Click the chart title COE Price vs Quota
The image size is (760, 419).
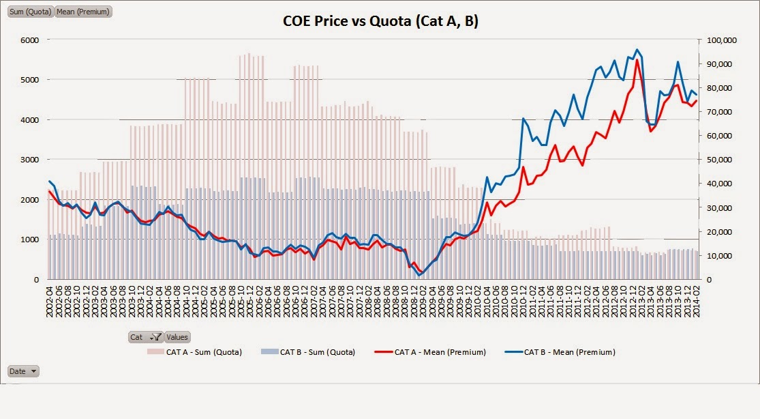tap(380, 22)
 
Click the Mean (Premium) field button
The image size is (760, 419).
tap(82, 12)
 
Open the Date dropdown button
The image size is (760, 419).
tap(23, 371)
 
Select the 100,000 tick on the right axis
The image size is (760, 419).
tap(720, 40)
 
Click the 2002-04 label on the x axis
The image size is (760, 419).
tap(50, 300)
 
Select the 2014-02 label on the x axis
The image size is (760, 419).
tap(696, 300)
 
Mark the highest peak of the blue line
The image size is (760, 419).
tap(637, 49)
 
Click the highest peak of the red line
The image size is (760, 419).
tap(637, 60)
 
